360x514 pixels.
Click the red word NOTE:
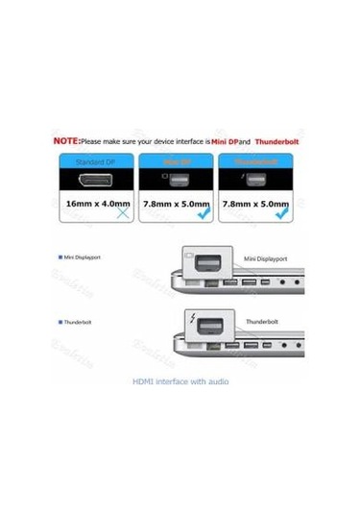click(66, 140)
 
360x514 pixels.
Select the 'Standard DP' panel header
click(96, 162)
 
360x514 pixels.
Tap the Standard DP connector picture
click(96, 184)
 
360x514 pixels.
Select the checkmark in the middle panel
click(204, 215)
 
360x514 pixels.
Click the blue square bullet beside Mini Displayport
click(60, 257)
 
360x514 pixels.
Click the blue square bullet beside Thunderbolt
click(60, 323)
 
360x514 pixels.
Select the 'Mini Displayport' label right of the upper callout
click(266, 259)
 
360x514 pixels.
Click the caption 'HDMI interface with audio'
click(180, 381)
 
